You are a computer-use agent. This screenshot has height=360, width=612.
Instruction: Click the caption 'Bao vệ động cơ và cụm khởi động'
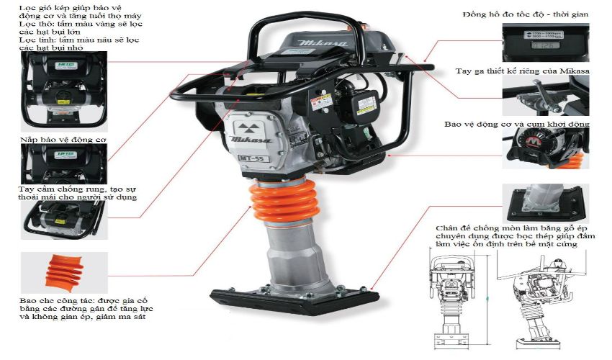click(x=516, y=123)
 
